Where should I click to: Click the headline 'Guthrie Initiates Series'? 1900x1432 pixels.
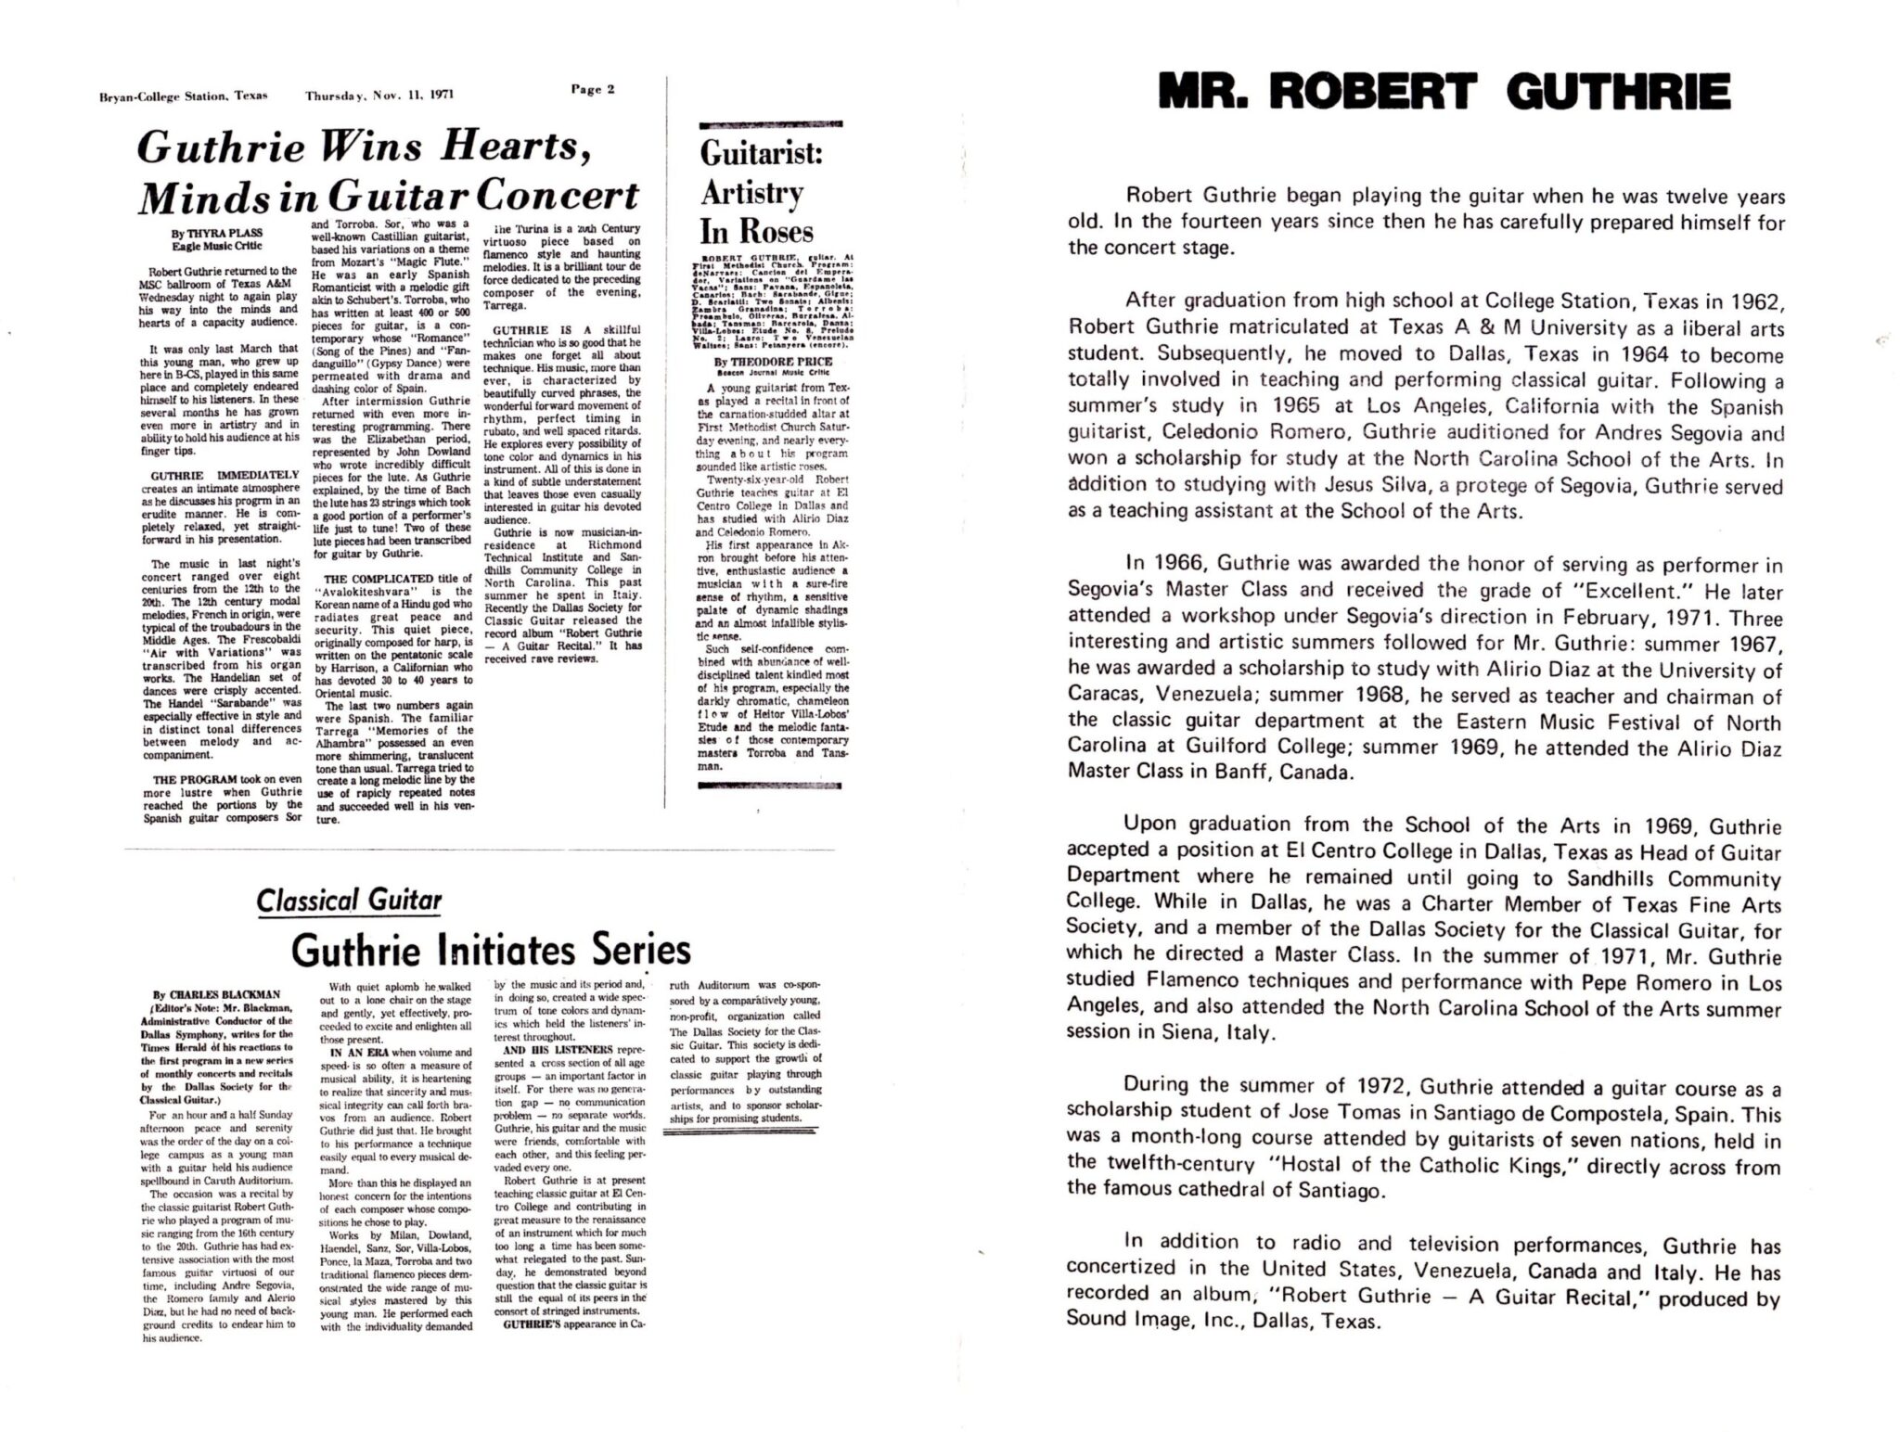click(491, 949)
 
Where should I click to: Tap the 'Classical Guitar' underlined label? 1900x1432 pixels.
click(349, 900)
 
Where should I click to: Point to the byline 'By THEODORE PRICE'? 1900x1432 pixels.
click(769, 361)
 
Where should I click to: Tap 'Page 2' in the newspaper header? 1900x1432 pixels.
click(593, 90)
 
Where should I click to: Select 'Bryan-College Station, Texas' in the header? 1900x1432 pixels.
click(183, 96)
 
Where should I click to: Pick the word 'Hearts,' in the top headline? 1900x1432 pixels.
click(516, 147)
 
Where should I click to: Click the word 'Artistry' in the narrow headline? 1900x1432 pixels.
click(751, 193)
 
